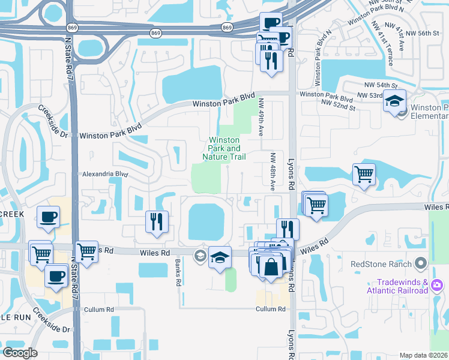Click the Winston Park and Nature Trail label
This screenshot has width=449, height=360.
pyautogui.click(x=224, y=149)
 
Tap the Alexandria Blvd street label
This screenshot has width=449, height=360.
pyautogui.click(x=104, y=174)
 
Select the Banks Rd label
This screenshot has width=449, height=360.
pyautogui.click(x=178, y=273)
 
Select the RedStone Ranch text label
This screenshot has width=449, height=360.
pyautogui.click(x=381, y=264)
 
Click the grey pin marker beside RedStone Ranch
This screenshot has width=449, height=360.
pyautogui.click(x=420, y=263)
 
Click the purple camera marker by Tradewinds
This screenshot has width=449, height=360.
pyautogui.click(x=438, y=283)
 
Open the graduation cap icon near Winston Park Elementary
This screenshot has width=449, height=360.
pyautogui.click(x=395, y=101)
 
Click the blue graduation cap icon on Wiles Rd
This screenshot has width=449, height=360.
pyautogui.click(x=220, y=257)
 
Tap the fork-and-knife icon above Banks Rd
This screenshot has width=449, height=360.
pyautogui.click(x=156, y=221)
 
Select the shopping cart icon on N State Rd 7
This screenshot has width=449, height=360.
pyautogui.click(x=87, y=251)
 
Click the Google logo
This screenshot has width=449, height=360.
pyautogui.click(x=20, y=352)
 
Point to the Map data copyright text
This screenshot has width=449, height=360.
pyautogui.click(x=424, y=355)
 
